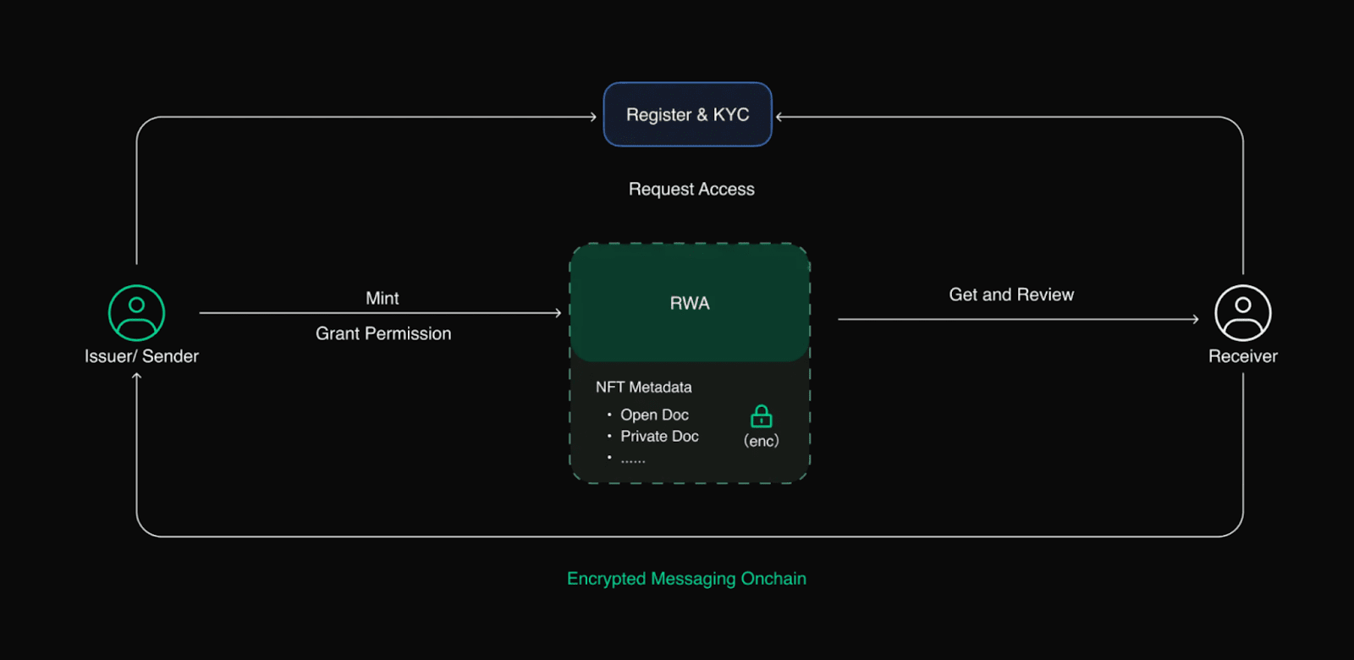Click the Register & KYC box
tap(688, 114)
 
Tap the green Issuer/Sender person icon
tap(136, 313)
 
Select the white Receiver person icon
tap(1243, 313)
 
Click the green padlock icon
tap(761, 416)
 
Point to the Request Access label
tap(691, 190)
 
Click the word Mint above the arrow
tap(382, 298)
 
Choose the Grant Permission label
tap(383, 333)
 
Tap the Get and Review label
tap(1011, 294)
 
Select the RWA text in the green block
tap(690, 303)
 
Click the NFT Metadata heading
tap(644, 387)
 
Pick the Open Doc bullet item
tap(655, 415)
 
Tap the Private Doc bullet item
tap(659, 437)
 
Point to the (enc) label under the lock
tap(761, 441)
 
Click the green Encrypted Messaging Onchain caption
tap(686, 579)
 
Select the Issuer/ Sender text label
tap(141, 356)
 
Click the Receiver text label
tap(1243, 356)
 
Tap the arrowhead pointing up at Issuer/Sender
tap(136, 376)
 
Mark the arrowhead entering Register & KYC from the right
tap(779, 117)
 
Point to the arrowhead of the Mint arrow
tap(559, 312)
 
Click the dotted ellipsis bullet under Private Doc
tap(633, 460)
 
